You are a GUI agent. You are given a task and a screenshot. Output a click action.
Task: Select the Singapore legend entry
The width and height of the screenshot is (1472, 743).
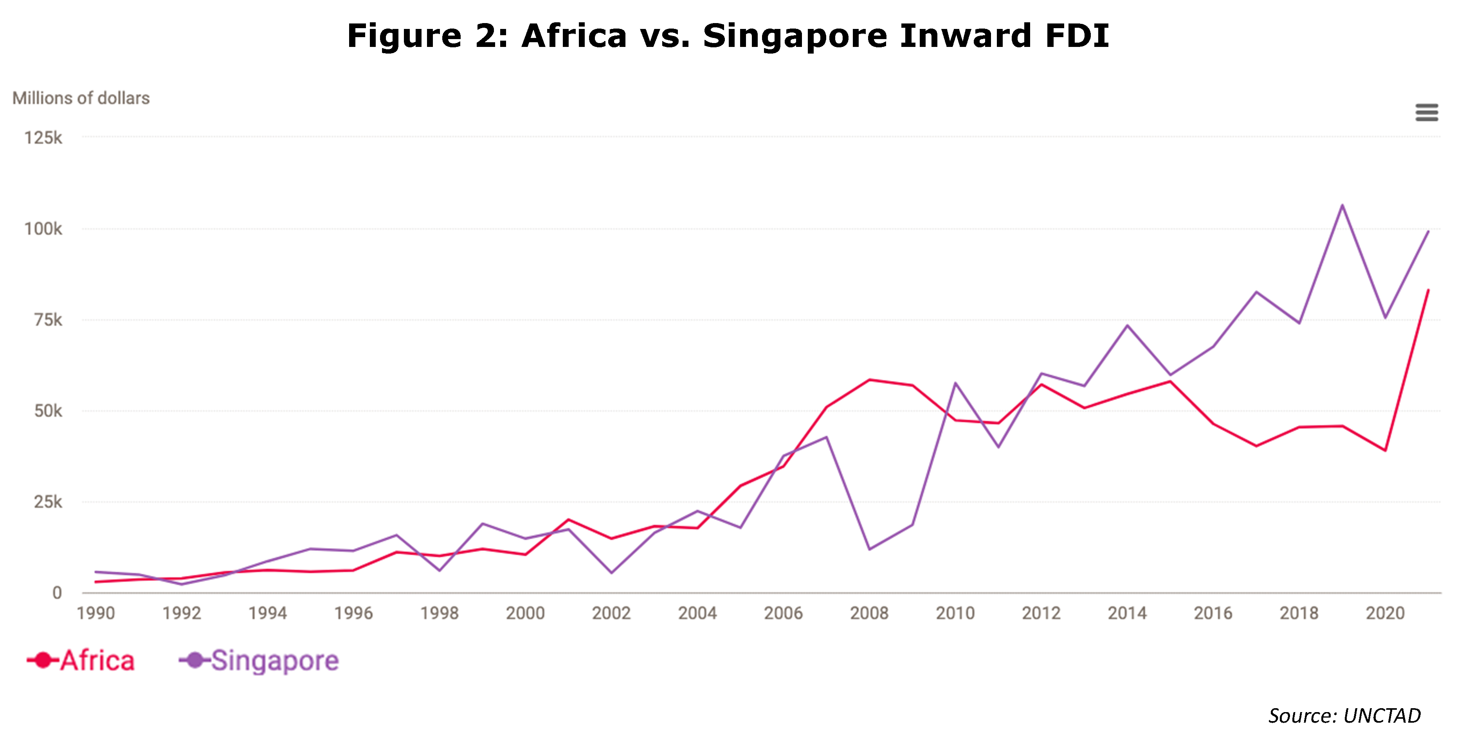[259, 661]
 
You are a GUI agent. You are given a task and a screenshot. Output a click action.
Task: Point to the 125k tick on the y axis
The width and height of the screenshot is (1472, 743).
[43, 138]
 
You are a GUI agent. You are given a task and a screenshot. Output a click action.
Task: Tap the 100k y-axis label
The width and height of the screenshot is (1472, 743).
[43, 229]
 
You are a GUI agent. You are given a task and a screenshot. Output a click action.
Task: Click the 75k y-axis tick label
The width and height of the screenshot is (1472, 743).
[48, 320]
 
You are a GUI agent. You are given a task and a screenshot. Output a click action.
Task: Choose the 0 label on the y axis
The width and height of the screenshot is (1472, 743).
[57, 593]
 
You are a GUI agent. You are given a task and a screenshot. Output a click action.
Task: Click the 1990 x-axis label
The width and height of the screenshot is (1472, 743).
[95, 613]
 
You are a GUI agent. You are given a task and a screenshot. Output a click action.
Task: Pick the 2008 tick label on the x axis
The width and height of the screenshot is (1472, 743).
[869, 613]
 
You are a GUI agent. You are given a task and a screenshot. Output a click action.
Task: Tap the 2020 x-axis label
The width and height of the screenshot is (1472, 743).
[1385, 613]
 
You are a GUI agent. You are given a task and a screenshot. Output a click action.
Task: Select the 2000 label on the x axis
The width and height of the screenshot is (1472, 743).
[525, 613]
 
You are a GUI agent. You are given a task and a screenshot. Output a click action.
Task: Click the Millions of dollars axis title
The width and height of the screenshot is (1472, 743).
[81, 98]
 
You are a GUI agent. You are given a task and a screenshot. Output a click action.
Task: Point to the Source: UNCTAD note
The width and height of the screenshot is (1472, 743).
[1344, 716]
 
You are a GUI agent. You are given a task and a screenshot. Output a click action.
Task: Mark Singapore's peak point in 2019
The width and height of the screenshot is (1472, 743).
[1342, 205]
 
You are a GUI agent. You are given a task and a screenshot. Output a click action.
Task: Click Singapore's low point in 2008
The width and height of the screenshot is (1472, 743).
[869, 549]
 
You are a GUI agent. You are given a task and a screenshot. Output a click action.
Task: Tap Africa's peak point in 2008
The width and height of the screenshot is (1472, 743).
[869, 380]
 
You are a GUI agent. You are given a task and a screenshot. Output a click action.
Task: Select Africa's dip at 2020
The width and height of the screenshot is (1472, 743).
[1385, 450]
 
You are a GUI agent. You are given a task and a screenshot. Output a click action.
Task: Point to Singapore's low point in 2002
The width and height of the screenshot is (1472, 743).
[611, 573]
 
